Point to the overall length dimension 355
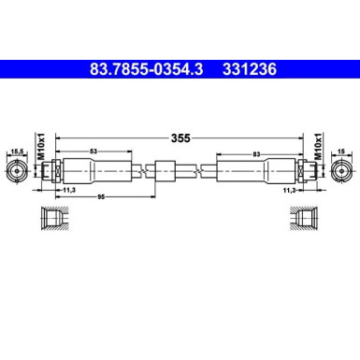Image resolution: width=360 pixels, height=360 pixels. coord(180,137)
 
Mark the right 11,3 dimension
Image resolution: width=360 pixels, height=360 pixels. coord(292,189)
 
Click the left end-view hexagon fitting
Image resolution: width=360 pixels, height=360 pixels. coord(17,172)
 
